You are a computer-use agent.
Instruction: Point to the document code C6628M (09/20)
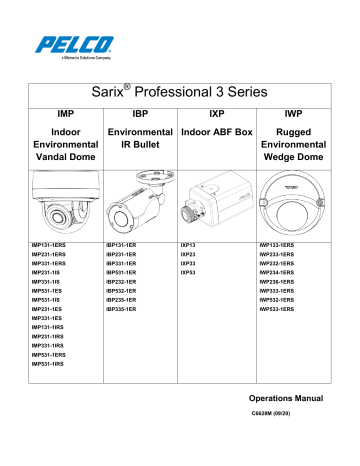point(298,414)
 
